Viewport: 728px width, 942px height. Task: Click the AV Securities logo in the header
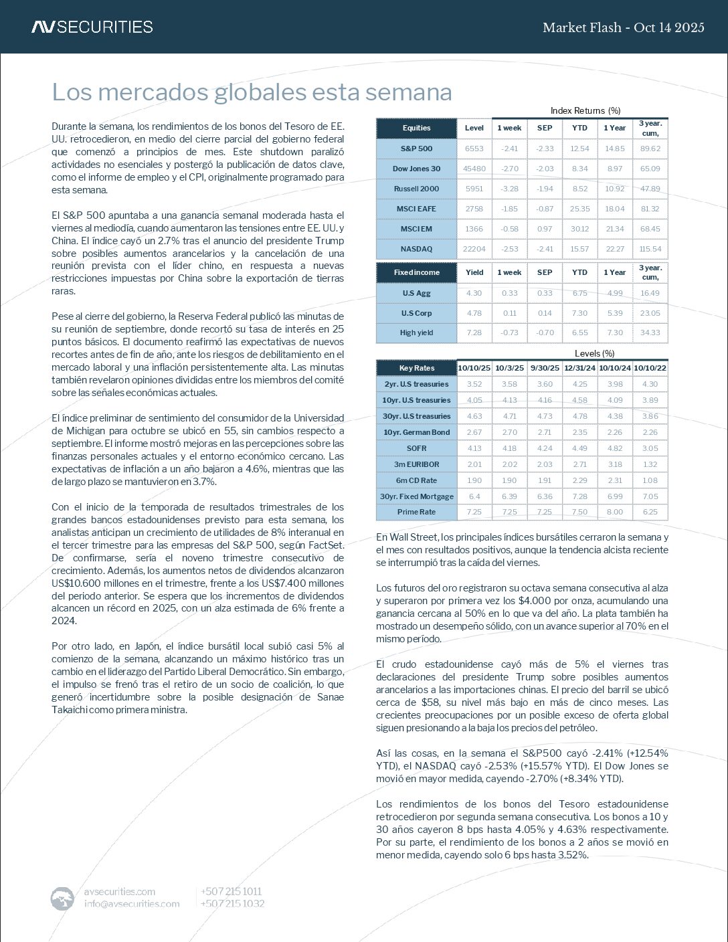click(x=92, y=27)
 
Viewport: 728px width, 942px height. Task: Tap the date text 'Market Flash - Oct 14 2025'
click(x=623, y=27)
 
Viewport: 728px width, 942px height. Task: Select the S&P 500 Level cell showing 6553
click(x=474, y=149)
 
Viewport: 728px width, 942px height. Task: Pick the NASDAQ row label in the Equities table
click(x=416, y=249)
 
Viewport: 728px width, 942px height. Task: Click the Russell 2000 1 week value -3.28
click(x=509, y=189)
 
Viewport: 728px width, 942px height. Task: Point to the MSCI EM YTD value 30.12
click(x=579, y=229)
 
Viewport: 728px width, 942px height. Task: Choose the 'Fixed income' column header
click(x=416, y=272)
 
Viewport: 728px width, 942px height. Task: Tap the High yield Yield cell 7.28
click(x=474, y=333)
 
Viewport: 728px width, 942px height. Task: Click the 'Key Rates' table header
click(x=416, y=368)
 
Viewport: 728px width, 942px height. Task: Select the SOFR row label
click(x=416, y=448)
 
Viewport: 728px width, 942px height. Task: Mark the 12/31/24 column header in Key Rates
click(x=579, y=368)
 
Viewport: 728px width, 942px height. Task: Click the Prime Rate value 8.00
click(x=614, y=512)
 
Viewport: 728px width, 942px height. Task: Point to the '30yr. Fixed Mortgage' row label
click(x=416, y=496)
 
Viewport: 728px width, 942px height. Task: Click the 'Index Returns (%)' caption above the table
click(x=585, y=110)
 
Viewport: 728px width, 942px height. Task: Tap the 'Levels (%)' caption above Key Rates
click(x=594, y=353)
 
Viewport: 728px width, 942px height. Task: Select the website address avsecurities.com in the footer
click(x=120, y=891)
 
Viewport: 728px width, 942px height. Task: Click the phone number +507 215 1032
click(x=232, y=903)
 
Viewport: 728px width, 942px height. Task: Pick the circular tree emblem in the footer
click(x=62, y=898)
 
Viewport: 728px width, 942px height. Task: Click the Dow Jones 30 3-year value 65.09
click(x=650, y=169)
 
